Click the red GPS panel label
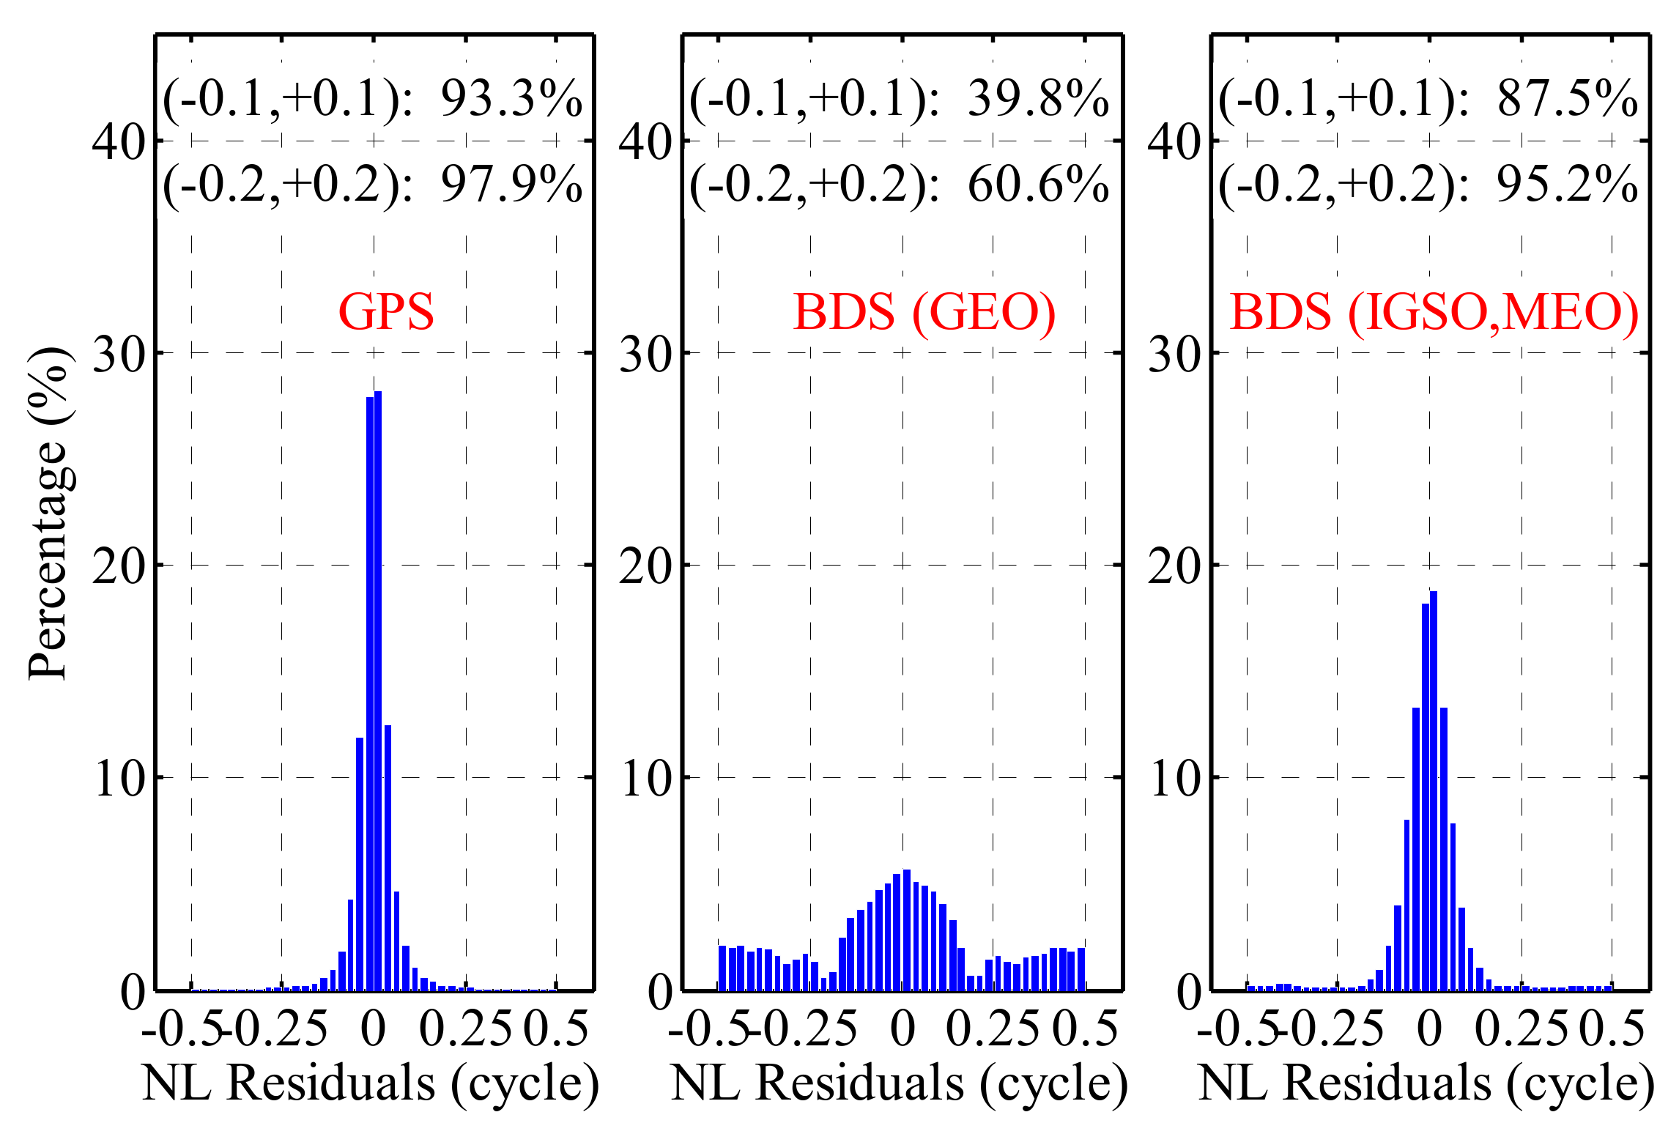tap(386, 312)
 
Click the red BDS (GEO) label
tap(924, 313)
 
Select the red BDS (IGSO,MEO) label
tap(1434, 313)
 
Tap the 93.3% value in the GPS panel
tap(511, 99)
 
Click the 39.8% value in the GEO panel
tap(1038, 99)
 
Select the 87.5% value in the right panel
tap(1567, 99)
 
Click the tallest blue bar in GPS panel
tap(378, 689)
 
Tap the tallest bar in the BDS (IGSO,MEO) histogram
tap(1434, 791)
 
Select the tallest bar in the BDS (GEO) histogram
tap(907, 930)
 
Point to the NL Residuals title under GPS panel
tap(371, 1083)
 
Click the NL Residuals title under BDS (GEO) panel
tap(899, 1083)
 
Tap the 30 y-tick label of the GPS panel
tap(119, 355)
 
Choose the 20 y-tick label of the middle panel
tap(645, 567)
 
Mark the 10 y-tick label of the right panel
tap(1174, 779)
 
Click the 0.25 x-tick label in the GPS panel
tap(466, 1029)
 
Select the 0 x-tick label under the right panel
tap(1429, 1029)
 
